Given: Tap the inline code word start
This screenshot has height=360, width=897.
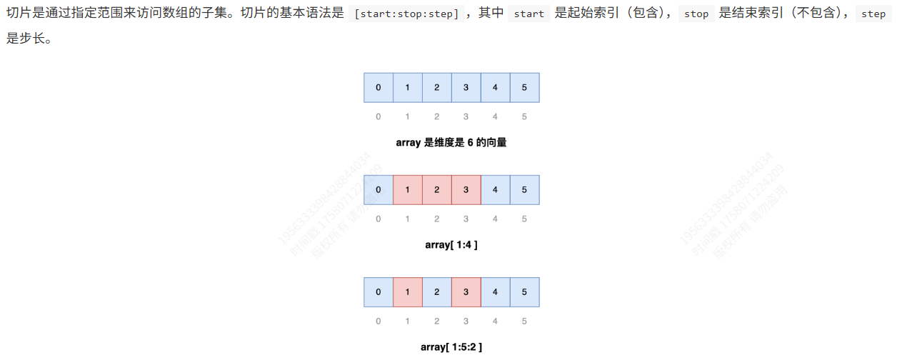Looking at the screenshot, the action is pos(528,14).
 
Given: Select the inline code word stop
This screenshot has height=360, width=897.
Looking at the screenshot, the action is pos(696,14).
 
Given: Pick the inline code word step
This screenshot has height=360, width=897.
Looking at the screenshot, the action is pos(873,14).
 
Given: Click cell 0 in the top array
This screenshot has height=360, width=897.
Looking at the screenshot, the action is pos(379,87).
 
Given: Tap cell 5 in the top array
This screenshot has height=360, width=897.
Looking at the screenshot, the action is pos(524,87).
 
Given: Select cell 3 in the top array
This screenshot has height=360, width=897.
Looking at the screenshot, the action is pos(466,87).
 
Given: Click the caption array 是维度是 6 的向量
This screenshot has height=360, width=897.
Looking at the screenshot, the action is pos(451,142).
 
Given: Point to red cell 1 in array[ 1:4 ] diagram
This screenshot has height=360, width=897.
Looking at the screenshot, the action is pos(408,190).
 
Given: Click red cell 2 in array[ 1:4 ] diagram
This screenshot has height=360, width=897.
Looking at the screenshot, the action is pos(436,190).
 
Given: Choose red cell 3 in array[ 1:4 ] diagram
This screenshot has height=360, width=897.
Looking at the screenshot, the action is pos(466,190).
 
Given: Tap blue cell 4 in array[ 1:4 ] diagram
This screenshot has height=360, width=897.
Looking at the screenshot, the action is pos(495,190).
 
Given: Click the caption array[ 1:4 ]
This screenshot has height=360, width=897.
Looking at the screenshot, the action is pos(451,245).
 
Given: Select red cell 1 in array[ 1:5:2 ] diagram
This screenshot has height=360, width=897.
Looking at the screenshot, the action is pos(408,292).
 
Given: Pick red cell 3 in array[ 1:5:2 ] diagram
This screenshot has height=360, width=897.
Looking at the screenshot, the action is pos(466,292).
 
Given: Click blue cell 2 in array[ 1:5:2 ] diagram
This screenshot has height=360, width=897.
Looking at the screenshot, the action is pos(436,292).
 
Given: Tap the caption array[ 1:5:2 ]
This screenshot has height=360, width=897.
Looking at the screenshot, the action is pos(451,347).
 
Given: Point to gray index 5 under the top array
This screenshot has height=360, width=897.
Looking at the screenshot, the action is pos(524,116).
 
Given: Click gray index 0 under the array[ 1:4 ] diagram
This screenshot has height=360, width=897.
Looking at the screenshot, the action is pos(379,219).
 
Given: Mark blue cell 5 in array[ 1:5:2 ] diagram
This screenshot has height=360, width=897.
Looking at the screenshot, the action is pos(524,292).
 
